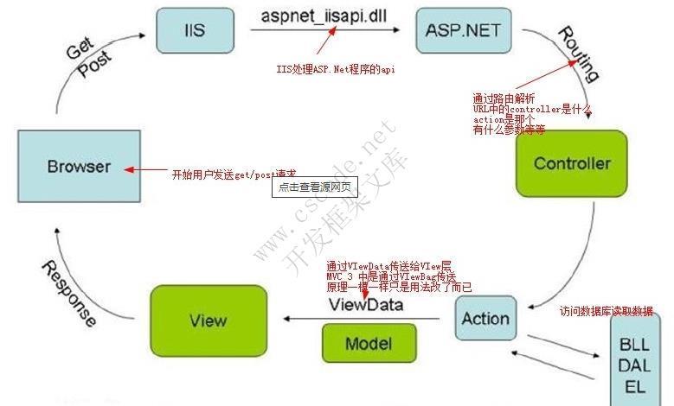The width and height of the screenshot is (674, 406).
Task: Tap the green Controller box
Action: point(571,163)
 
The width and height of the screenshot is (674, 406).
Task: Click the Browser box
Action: point(80,166)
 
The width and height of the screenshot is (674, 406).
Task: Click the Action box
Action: point(485,318)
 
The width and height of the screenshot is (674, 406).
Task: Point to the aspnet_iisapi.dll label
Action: point(324,16)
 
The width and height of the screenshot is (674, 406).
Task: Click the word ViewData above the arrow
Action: point(365,305)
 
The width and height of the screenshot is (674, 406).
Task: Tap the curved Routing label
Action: point(578,54)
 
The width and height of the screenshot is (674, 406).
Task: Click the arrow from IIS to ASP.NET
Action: point(324,30)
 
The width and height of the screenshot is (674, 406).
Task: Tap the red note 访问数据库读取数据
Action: point(606,311)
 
